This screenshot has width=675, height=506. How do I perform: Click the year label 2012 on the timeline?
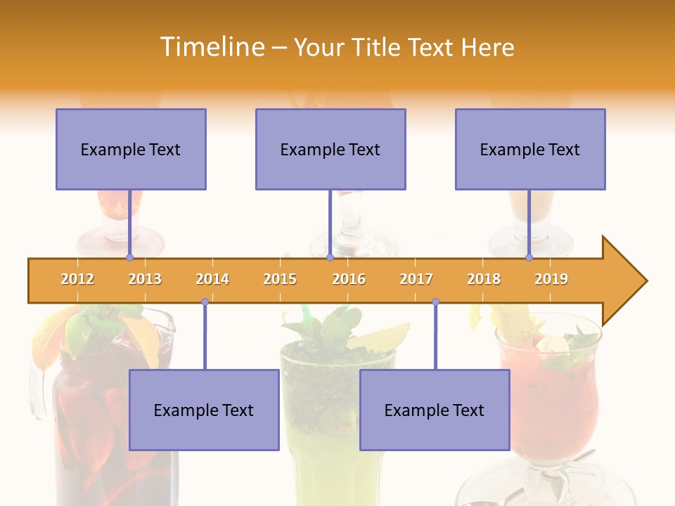tap(77, 279)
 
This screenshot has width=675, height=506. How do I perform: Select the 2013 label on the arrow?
tap(145, 279)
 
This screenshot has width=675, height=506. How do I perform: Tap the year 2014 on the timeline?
tap(212, 279)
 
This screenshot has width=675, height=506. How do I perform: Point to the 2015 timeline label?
tap(280, 279)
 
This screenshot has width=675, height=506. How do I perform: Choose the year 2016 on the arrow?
tap(349, 279)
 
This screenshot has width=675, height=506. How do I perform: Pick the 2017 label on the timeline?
tap(416, 279)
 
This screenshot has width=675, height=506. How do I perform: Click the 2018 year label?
tap(484, 279)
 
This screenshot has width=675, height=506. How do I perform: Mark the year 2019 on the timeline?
tap(551, 279)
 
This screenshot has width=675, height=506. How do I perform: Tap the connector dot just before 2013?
tap(129, 258)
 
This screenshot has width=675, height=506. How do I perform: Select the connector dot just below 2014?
tap(205, 301)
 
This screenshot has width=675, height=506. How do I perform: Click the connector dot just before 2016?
tap(330, 258)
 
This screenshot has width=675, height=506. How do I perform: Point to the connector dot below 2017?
tap(435, 301)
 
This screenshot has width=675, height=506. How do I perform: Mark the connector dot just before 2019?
tap(529, 258)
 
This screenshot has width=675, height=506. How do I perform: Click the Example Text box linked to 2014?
tap(204, 410)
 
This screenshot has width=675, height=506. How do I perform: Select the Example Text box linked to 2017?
tap(435, 410)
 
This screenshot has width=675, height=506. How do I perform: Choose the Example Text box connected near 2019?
tap(530, 149)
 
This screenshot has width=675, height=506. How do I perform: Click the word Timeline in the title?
tap(212, 47)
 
